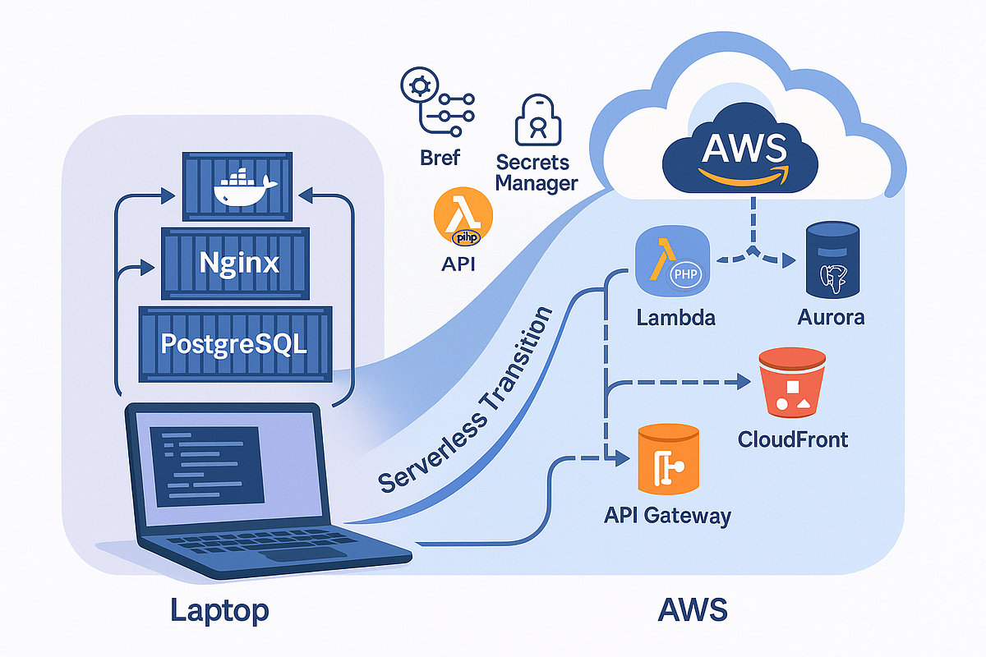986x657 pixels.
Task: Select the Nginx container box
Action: [239, 264]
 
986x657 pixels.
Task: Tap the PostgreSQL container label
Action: [234, 342]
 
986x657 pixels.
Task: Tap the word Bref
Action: [440, 157]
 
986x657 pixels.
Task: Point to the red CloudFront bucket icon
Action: [791, 381]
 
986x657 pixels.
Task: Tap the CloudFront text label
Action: [792, 439]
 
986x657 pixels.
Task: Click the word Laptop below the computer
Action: [219, 610]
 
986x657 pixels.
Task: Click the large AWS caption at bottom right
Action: [693, 610]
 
